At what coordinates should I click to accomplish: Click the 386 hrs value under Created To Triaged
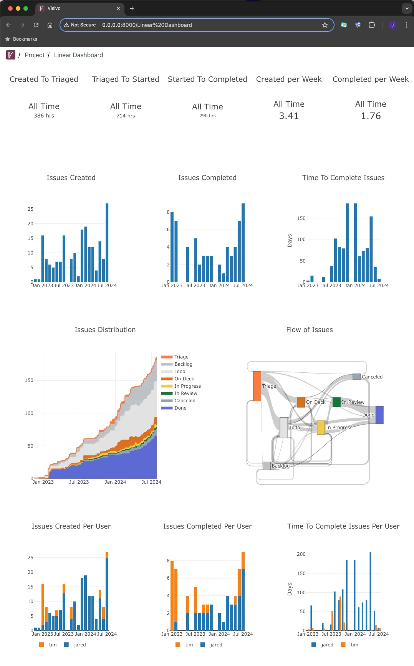[x=44, y=116]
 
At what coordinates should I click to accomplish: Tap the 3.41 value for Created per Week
[x=289, y=116]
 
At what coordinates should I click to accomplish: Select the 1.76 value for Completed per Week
[x=371, y=116]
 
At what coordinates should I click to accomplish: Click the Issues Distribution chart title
[x=105, y=330]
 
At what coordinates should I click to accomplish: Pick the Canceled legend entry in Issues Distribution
[x=184, y=401]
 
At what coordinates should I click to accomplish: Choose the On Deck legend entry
[x=184, y=379]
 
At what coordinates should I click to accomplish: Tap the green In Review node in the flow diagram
[x=336, y=402]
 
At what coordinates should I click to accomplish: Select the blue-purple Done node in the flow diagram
[x=379, y=415]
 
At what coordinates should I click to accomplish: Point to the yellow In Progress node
[x=321, y=428]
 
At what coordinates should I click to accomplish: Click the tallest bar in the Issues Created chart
[x=107, y=243]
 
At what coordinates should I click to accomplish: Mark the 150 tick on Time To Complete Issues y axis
[x=301, y=218]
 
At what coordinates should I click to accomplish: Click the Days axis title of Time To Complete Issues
[x=290, y=241]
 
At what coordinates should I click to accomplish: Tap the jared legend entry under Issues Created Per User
[x=79, y=645]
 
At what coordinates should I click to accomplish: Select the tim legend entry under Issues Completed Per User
[x=189, y=645]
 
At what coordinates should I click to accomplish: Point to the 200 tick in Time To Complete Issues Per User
[x=301, y=554]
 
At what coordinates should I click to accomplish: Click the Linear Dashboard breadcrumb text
[x=78, y=55]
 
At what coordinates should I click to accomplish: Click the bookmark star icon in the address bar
[x=325, y=25]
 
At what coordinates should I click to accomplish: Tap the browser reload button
[x=36, y=25]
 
